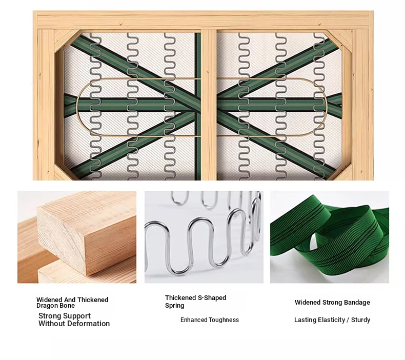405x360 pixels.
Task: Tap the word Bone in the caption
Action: (67, 306)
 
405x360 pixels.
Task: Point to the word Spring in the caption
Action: (175, 306)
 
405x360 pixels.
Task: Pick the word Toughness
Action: (224, 320)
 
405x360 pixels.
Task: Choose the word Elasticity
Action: (331, 320)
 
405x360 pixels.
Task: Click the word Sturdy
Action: (361, 320)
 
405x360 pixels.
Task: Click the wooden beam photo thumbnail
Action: (77, 237)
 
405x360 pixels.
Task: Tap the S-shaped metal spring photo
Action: (204, 237)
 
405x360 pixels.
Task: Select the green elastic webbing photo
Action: (330, 237)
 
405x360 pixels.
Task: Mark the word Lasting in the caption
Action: (306, 320)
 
